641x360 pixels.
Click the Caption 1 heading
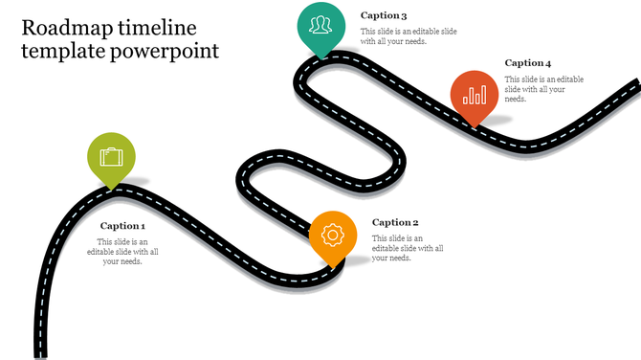(122, 226)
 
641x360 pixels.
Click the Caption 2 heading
(395, 222)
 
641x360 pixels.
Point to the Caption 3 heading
(384, 16)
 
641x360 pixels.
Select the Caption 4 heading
(528, 63)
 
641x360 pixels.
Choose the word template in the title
(60, 51)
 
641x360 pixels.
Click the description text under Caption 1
(122, 252)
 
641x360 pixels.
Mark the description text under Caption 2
(408, 248)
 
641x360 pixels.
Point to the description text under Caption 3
(394, 36)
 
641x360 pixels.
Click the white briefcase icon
(112, 155)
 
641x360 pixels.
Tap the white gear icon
(333, 234)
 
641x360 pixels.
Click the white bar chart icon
(475, 94)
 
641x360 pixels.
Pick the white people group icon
(321, 24)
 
